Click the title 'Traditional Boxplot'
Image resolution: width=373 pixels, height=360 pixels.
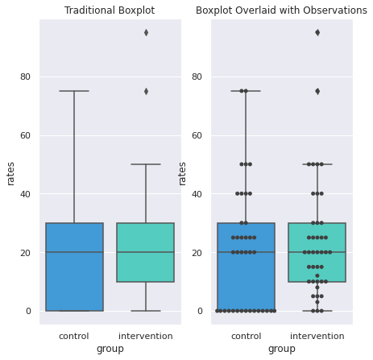(110, 10)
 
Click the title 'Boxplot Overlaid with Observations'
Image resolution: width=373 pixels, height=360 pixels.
(281, 10)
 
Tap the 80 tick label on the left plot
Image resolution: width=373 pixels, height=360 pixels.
(25, 77)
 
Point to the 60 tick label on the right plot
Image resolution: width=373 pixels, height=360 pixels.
(197, 135)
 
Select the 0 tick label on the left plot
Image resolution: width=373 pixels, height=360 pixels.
(28, 311)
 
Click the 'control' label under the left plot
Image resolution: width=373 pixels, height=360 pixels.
(74, 336)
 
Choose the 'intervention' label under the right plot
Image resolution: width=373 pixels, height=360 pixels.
(317, 336)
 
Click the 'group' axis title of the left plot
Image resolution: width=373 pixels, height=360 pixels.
(110, 349)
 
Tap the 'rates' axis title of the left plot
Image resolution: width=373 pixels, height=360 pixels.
(10, 174)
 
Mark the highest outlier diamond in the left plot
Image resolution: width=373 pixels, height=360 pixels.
(146, 33)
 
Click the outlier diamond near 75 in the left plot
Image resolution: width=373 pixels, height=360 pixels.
(146, 92)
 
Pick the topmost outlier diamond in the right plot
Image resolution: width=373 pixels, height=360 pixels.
(317, 33)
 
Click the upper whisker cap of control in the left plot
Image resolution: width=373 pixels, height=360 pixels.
(74, 91)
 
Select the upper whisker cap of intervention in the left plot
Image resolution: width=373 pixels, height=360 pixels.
(146, 164)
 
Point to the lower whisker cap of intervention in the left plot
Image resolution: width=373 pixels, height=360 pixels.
(146, 311)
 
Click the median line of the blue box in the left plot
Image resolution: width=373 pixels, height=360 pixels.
(74, 252)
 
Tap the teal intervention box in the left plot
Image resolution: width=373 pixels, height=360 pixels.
(146, 252)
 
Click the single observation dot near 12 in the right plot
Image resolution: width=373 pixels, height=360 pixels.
(317, 275)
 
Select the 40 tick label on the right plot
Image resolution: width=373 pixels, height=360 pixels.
(197, 194)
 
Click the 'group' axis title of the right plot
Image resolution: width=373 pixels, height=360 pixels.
(282, 349)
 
